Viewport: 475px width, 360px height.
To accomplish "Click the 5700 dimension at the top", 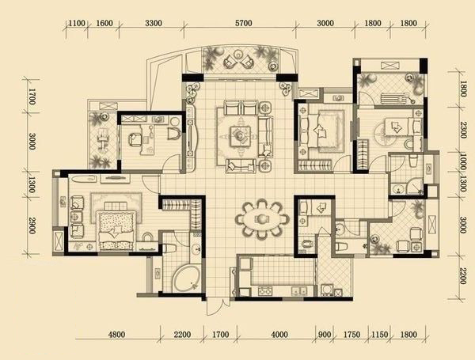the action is (244, 23).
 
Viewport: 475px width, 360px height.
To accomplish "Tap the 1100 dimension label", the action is (76, 23).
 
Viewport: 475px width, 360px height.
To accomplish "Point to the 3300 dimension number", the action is (154, 23).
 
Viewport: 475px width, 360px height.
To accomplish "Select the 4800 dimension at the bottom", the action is (116, 335).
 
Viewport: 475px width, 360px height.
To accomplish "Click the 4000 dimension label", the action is (279, 335).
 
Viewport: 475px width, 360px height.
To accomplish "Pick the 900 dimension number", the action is (325, 335).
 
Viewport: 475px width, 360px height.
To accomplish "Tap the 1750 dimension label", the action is (351, 335).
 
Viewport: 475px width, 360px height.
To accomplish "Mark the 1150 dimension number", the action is (379, 335).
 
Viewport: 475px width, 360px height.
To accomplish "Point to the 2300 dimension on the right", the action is (462, 130).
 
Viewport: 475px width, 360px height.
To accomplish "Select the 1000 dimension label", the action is (462, 161).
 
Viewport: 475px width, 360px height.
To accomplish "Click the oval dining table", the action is (262, 218).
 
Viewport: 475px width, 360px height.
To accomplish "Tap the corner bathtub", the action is (186, 279).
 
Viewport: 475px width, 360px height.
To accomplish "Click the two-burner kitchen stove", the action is (265, 291).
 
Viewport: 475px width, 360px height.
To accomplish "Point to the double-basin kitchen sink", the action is (299, 291).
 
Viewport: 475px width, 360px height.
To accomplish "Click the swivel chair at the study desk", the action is (135, 139).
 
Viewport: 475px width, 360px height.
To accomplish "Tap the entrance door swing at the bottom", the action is (215, 306).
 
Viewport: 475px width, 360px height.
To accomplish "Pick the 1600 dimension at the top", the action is (104, 23).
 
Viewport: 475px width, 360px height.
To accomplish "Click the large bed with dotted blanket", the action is (116, 230).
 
